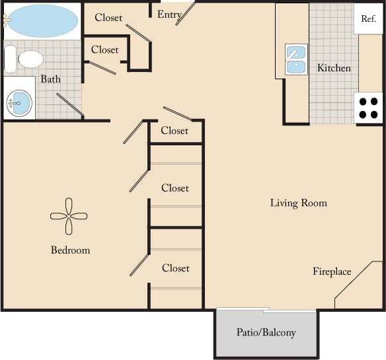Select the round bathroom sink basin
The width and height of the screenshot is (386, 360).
coord(19,102)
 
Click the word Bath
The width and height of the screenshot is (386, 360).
coord(51,79)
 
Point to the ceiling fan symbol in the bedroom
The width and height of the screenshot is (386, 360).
coord(69,216)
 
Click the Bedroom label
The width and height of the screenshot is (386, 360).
coord(70,250)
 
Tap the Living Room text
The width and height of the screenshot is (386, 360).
coord(298,203)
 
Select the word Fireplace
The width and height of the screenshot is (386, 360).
coord(332,271)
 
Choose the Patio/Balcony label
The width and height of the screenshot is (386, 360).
coord(266,332)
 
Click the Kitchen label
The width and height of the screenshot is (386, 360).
coord(334,68)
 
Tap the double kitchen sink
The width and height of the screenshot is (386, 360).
coord(295,58)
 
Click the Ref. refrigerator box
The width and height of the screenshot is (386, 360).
coord(368,19)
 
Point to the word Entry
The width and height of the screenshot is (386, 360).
coord(170,15)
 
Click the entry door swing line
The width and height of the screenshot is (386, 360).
coord(186,13)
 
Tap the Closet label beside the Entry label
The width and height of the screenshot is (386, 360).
coord(108,18)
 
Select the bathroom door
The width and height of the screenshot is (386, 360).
coord(69,105)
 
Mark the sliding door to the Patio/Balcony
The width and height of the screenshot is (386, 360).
coord(264,310)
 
